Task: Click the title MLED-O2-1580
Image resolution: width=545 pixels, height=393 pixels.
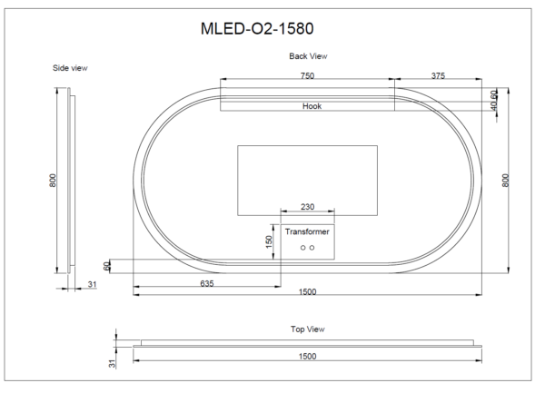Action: tap(259, 29)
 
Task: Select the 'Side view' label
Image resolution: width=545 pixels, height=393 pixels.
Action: tap(70, 68)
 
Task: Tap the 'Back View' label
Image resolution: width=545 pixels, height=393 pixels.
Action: tap(307, 56)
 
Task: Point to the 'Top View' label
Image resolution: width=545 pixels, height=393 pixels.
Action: tap(307, 329)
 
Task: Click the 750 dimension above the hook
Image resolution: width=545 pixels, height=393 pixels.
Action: tap(307, 77)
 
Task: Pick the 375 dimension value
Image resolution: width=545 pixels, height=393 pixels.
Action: tap(438, 77)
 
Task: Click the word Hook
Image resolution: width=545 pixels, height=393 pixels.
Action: tap(312, 106)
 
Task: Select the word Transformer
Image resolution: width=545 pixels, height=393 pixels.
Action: tap(307, 232)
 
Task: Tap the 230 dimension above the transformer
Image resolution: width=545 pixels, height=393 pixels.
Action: tap(307, 208)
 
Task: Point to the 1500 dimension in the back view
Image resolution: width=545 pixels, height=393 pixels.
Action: tap(307, 293)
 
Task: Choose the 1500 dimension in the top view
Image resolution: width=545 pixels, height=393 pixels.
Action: tap(307, 357)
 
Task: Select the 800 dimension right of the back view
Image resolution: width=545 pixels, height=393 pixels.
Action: tap(505, 180)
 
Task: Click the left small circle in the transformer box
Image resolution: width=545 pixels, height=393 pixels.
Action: tap(302, 247)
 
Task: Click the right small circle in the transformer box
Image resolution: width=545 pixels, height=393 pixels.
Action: tap(312, 247)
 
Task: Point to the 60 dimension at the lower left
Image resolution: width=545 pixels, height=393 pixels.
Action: tap(106, 265)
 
